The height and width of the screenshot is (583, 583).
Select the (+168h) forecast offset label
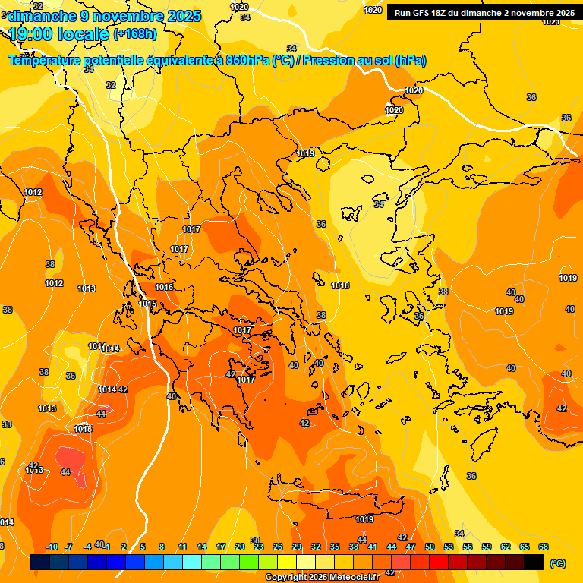tap(135, 34)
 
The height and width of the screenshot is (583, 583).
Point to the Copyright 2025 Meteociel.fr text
tap(322, 578)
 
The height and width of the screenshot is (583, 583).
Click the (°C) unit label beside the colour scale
tap(557, 564)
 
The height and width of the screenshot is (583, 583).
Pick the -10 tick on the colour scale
tap(52, 547)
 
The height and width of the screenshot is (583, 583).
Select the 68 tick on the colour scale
tap(544, 547)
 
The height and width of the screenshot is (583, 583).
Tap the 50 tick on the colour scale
tap(430, 547)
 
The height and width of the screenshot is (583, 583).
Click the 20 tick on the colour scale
tap(240, 547)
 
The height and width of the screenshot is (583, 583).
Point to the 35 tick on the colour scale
tap(335, 547)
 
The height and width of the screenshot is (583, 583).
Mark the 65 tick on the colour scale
tap(525, 547)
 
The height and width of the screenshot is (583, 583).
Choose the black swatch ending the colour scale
tap(534, 563)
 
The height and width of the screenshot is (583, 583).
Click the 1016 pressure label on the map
tap(164, 287)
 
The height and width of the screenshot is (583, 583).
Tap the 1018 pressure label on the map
tap(340, 285)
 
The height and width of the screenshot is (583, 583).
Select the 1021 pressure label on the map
tap(550, 22)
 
